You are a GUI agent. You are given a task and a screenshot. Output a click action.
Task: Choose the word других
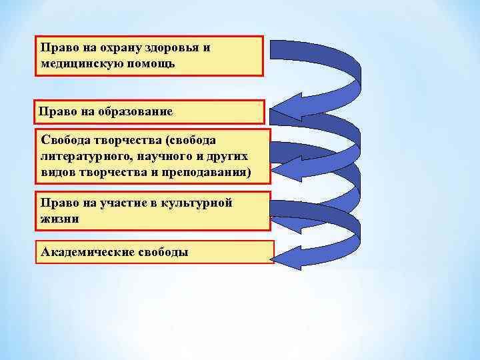[x=230, y=156]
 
